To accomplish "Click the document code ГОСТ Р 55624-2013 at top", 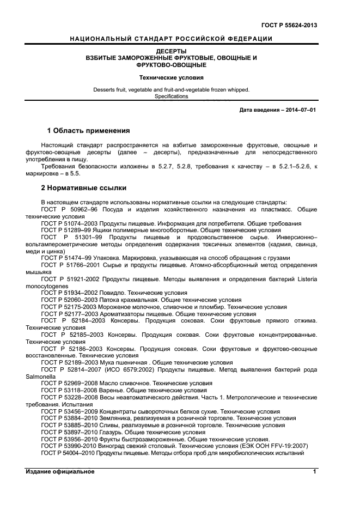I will point(290,25).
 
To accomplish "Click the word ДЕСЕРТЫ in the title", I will point(171,51).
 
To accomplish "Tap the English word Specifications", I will point(171,96).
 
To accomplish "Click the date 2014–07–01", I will point(298,110).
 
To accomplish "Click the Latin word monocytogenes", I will point(47,286).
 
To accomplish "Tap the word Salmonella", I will point(41,376).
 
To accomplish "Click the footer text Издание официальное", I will point(60,471).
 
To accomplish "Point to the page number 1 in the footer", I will point(314,471).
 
